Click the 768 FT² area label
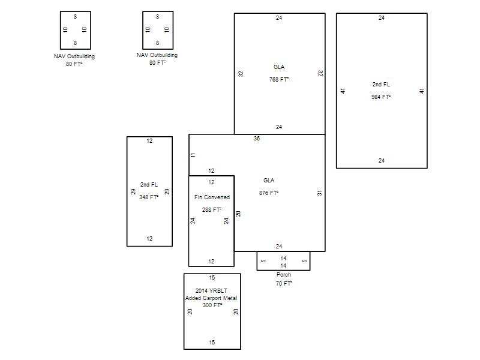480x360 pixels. [x=279, y=80]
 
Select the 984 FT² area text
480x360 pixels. [x=381, y=97]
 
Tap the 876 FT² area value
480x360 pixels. [x=269, y=193]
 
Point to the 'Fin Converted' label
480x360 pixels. [x=212, y=197]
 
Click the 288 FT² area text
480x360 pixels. [x=212, y=209]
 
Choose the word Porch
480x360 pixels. [x=284, y=275]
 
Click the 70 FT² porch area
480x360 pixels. [x=284, y=283]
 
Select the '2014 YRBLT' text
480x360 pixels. [x=211, y=290]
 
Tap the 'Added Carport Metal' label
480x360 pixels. [x=211, y=298]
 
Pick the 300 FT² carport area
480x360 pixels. [x=212, y=305]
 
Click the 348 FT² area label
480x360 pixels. [x=149, y=197]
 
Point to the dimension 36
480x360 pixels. [x=257, y=139]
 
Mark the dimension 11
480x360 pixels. [x=193, y=155]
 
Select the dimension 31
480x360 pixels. [x=320, y=193]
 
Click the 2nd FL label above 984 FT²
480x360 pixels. [x=381, y=85]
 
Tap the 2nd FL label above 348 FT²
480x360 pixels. [x=149, y=185]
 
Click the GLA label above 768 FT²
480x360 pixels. [x=279, y=67]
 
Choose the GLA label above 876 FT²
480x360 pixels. [x=269, y=181]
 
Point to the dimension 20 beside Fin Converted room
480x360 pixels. [x=238, y=214]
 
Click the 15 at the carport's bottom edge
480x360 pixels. [x=212, y=342]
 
